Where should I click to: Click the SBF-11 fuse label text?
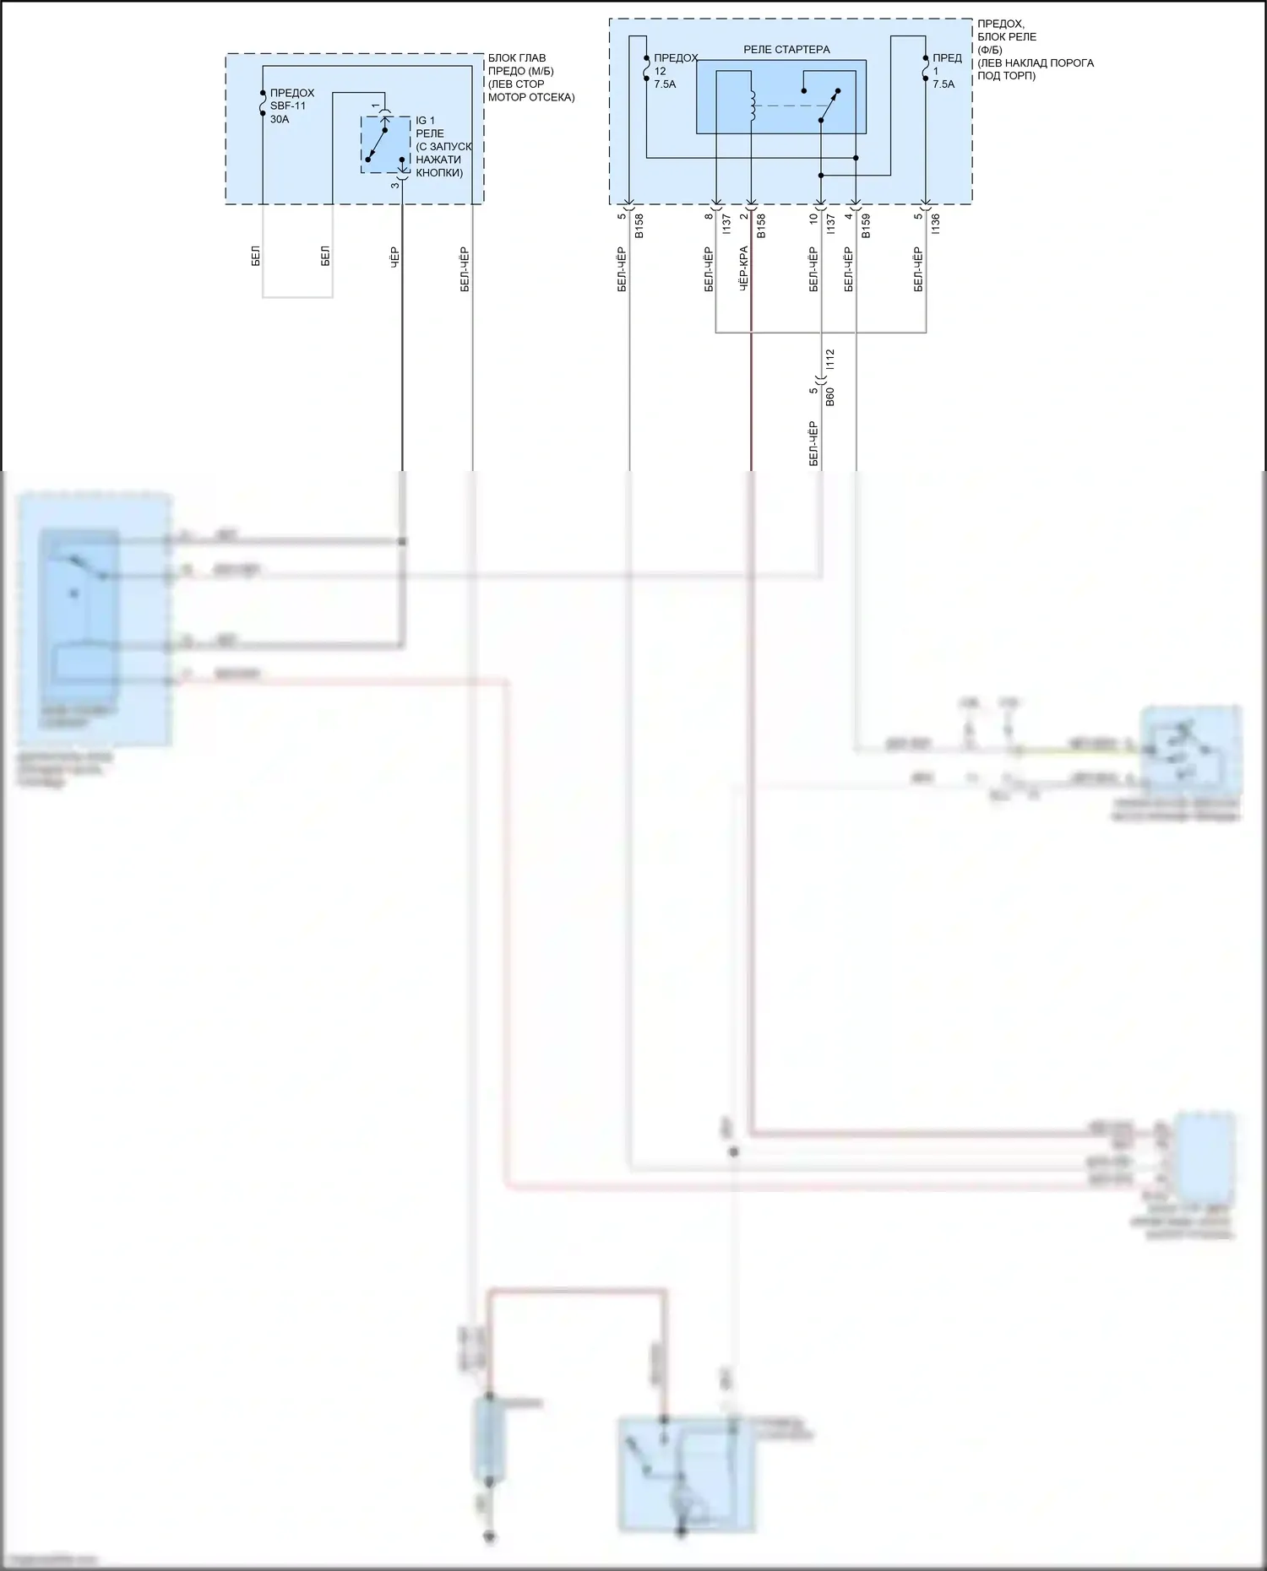pos(288,106)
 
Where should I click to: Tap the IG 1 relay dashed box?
pos(386,145)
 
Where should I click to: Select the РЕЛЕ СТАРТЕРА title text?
pos(786,50)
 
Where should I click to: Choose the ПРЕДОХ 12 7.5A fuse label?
pos(676,71)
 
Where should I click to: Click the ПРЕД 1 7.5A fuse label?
pos(946,71)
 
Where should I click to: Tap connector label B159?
pos(866,225)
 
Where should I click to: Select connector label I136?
pos(935,224)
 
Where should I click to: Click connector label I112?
pos(830,360)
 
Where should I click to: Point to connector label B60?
pos(830,397)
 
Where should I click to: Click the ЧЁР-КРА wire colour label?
pos(743,269)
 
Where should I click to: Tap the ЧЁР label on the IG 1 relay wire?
pos(394,257)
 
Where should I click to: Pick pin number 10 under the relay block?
pos(813,219)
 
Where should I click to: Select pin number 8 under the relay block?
pos(709,217)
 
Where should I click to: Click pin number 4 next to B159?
pos(848,217)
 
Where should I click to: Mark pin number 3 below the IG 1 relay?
pos(394,185)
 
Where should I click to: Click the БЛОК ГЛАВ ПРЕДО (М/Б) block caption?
pos(520,65)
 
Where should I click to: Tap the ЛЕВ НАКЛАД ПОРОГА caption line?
pos(1035,63)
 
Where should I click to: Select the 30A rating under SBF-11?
pos(280,120)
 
